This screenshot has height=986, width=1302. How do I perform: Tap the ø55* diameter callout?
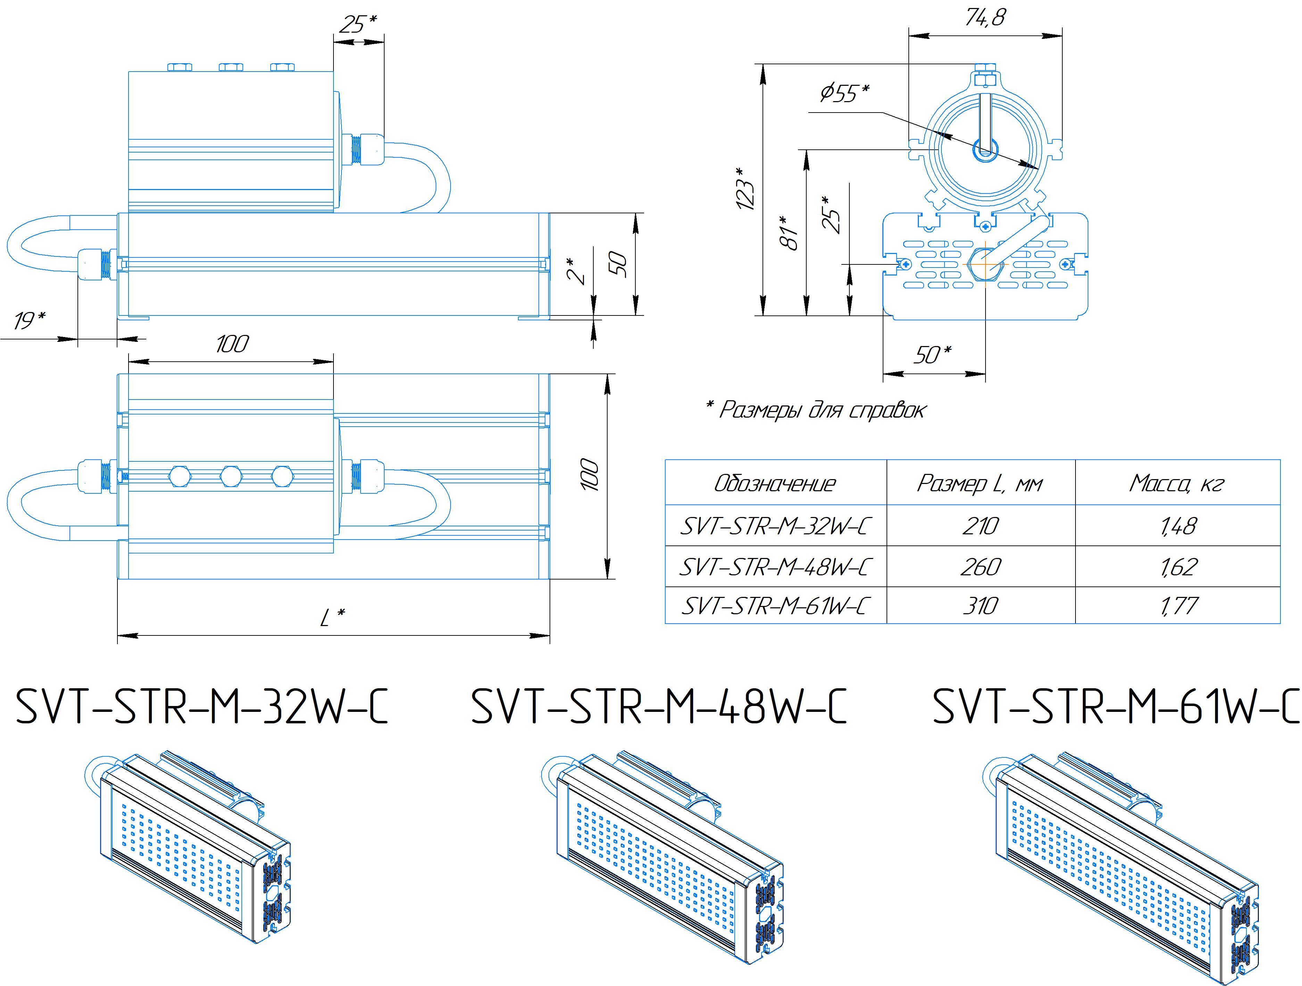point(844,93)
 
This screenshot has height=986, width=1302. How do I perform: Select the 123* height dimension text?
point(744,188)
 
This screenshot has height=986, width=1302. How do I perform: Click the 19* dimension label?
point(30,321)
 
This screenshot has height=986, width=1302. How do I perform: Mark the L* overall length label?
point(332,617)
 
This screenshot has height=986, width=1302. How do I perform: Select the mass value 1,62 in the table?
point(1178,567)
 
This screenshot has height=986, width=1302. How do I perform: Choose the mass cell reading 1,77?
point(1178,606)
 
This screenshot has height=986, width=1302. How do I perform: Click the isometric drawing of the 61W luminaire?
point(1121,871)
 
